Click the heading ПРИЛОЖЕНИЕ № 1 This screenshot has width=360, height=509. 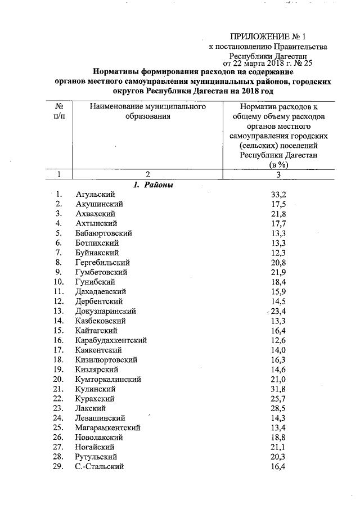(x=271, y=37)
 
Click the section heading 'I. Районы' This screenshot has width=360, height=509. (x=153, y=185)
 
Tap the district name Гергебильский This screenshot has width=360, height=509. (x=102, y=262)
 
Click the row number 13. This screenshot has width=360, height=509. (x=58, y=311)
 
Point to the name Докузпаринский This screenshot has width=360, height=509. (x=105, y=311)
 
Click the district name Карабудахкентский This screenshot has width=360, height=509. (x=111, y=340)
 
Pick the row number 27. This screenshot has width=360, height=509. (x=58, y=447)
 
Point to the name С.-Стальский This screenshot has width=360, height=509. (x=99, y=467)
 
